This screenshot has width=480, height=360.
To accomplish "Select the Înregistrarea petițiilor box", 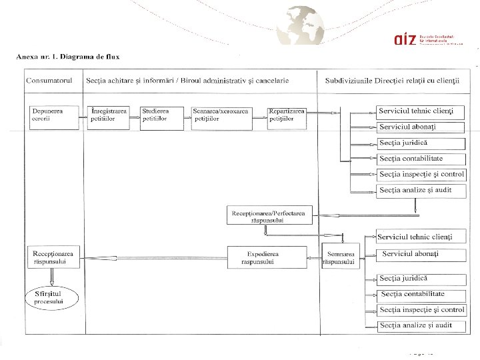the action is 109,115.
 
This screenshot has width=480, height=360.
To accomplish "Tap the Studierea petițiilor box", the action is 161,115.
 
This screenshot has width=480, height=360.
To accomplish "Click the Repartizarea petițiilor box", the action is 286,115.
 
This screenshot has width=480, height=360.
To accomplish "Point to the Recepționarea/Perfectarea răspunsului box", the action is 269,216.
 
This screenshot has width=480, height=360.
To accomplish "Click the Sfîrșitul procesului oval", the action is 51,297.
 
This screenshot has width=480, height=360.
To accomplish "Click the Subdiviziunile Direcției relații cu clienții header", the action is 393,80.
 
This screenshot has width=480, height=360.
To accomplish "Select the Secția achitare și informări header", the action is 187,80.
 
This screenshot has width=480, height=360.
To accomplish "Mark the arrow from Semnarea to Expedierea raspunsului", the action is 313,257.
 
